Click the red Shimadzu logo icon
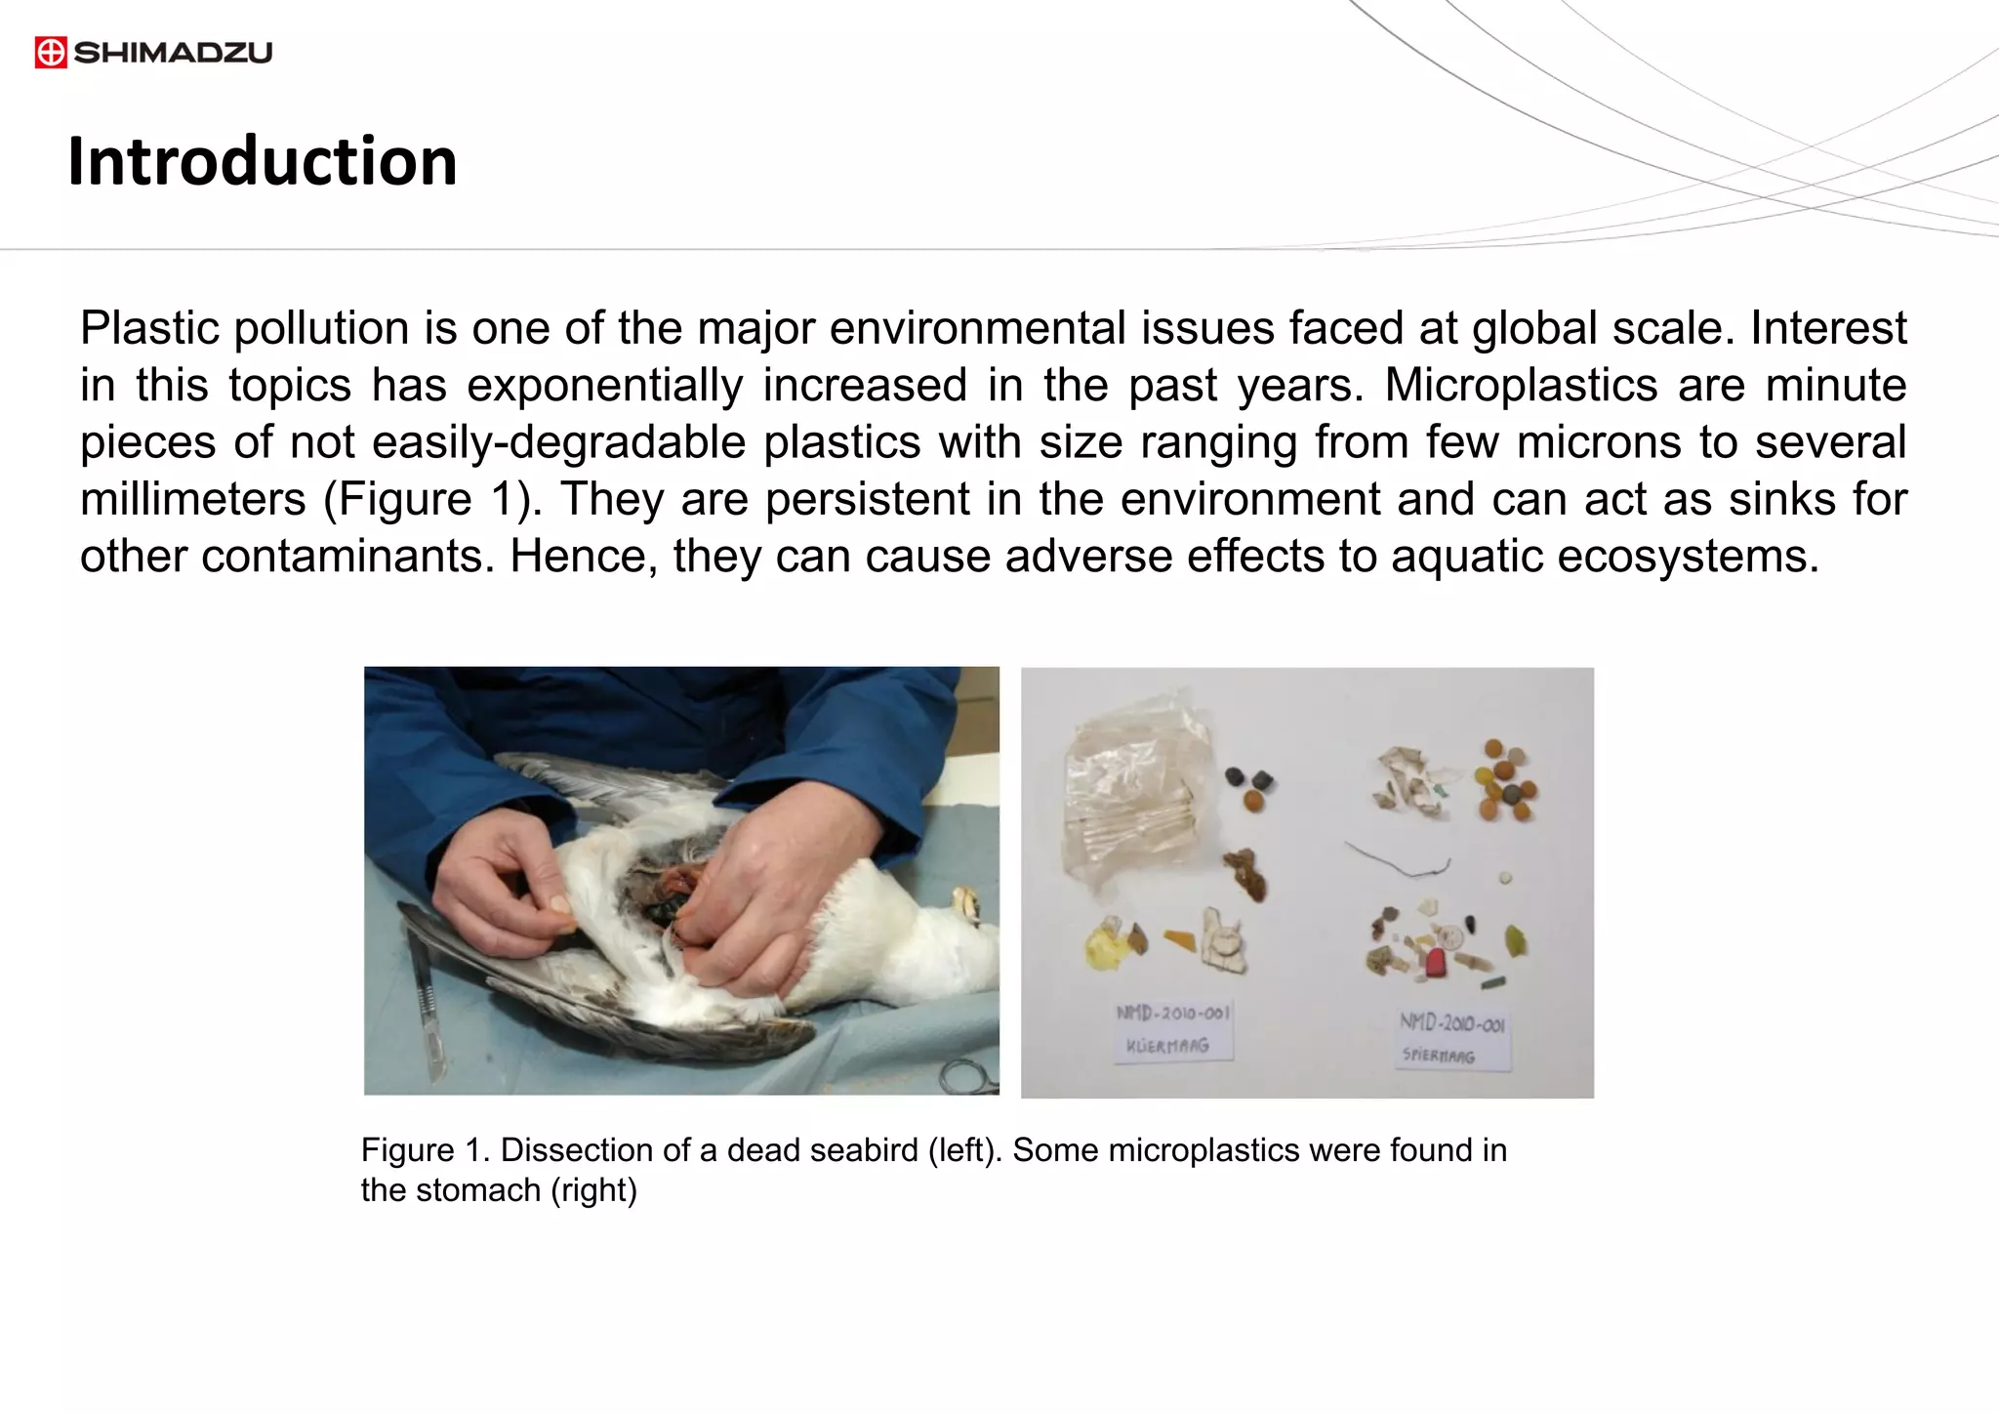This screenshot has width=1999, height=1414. click(51, 52)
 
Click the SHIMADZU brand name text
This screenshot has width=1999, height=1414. click(173, 52)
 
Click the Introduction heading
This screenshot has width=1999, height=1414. click(262, 161)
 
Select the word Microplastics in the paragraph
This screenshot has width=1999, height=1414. click(1521, 385)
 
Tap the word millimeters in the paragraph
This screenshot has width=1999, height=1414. click(192, 499)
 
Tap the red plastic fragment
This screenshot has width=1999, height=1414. click(1435, 963)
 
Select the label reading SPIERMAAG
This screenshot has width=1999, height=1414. click(1451, 1039)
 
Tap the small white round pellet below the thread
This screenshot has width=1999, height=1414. click(1506, 878)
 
